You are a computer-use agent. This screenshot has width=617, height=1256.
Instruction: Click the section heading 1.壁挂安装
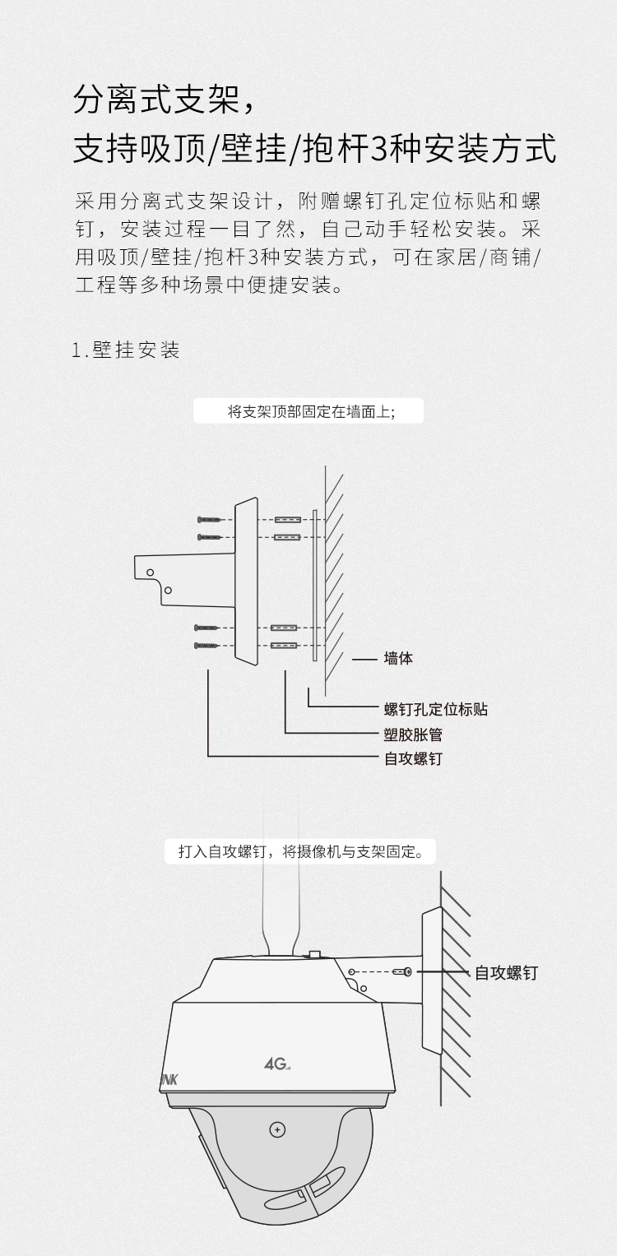click(126, 350)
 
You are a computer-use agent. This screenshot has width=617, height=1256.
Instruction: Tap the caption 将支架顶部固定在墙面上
click(308, 411)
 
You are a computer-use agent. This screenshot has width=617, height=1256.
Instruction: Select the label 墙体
click(398, 658)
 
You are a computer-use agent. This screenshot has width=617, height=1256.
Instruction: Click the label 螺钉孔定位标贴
click(436, 709)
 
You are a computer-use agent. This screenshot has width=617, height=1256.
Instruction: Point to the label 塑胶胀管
click(413, 735)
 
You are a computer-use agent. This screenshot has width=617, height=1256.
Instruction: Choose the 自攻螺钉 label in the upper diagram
click(413, 758)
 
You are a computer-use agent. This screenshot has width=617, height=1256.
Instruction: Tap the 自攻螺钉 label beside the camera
click(506, 973)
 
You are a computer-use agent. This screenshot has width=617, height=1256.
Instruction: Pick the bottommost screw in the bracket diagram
click(207, 646)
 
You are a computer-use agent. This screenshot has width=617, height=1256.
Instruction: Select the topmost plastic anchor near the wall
click(288, 520)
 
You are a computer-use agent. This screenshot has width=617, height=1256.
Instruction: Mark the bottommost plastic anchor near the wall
click(284, 646)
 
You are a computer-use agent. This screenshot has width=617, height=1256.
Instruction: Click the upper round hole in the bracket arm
click(150, 572)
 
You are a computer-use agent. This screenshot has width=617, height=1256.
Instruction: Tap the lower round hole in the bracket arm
click(168, 591)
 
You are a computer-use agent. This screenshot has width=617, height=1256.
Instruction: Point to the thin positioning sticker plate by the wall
click(314, 586)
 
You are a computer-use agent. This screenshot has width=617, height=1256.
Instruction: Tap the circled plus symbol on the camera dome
click(278, 1129)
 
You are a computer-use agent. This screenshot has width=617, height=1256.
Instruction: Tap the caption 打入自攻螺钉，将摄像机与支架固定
click(300, 851)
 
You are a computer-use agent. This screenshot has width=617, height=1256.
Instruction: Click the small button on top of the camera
click(314, 953)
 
